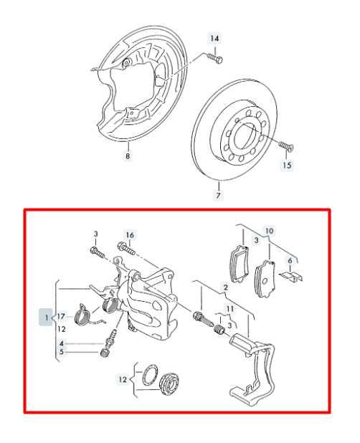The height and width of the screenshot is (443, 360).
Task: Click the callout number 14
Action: [x=214, y=37]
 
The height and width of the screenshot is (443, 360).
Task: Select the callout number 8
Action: [x=128, y=156]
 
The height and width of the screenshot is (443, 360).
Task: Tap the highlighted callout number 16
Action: [x=130, y=234]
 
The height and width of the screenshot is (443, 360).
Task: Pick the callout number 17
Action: [x=62, y=316]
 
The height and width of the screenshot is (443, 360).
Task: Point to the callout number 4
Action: [x=62, y=343]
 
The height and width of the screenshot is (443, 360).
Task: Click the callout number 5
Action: [x=62, y=352]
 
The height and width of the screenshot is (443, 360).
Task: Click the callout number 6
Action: [x=290, y=261]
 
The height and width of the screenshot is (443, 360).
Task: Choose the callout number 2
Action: [x=225, y=287]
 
